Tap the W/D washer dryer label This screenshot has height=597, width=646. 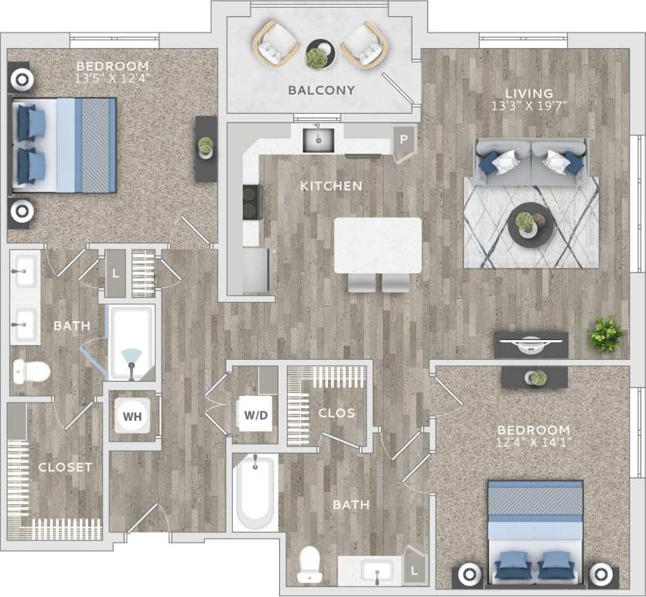256,415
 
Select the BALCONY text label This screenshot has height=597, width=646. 321,91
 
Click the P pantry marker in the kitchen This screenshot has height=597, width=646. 403,141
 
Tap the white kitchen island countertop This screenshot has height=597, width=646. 378,245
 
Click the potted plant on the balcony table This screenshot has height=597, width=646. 316,56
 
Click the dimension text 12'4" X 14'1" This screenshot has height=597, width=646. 534,443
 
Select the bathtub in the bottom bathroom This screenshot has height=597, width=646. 255,492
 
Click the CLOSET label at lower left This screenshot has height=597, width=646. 65,467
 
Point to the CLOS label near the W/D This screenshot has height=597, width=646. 337,413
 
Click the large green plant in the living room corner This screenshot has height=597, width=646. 606,335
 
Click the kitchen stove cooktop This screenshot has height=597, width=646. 251,204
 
